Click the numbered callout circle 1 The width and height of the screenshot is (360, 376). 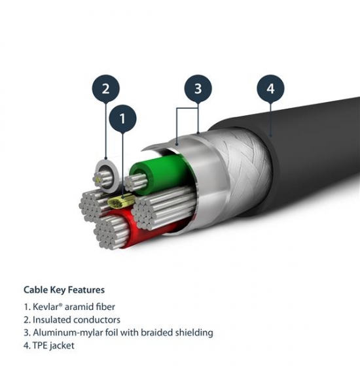[122, 118]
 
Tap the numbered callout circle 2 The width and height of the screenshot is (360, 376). [105, 89]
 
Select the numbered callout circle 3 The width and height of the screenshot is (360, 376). [198, 88]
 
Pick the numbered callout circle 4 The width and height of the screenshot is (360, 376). [270, 88]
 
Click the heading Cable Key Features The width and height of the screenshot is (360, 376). [64, 290]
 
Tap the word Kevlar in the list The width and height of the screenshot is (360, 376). [46, 307]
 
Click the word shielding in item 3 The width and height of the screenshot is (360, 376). [194, 333]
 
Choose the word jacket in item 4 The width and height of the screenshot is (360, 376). [62, 346]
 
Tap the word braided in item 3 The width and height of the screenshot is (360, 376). [156, 333]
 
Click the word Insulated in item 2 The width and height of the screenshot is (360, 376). [52, 320]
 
